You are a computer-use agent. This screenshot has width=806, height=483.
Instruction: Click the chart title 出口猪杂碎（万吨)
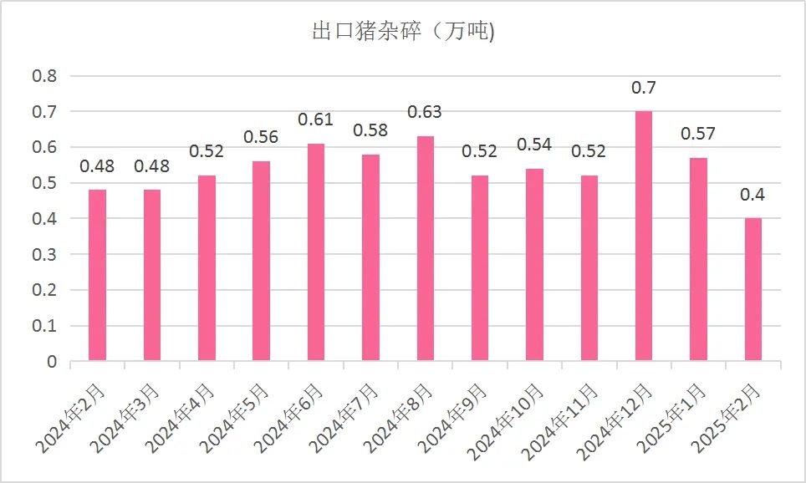tap(402, 33)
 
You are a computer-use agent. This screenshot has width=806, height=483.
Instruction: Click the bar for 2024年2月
tap(97, 276)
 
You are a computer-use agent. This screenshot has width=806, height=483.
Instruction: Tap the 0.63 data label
tap(425, 113)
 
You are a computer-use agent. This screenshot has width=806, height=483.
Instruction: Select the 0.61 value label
tap(316, 120)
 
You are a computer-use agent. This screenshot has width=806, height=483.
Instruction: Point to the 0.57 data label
tap(698, 135)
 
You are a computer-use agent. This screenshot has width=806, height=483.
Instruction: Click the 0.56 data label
tap(261, 138)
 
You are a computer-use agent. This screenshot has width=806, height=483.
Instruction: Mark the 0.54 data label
tap(534, 145)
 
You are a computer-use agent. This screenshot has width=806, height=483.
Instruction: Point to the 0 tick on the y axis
tap(51, 362)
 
